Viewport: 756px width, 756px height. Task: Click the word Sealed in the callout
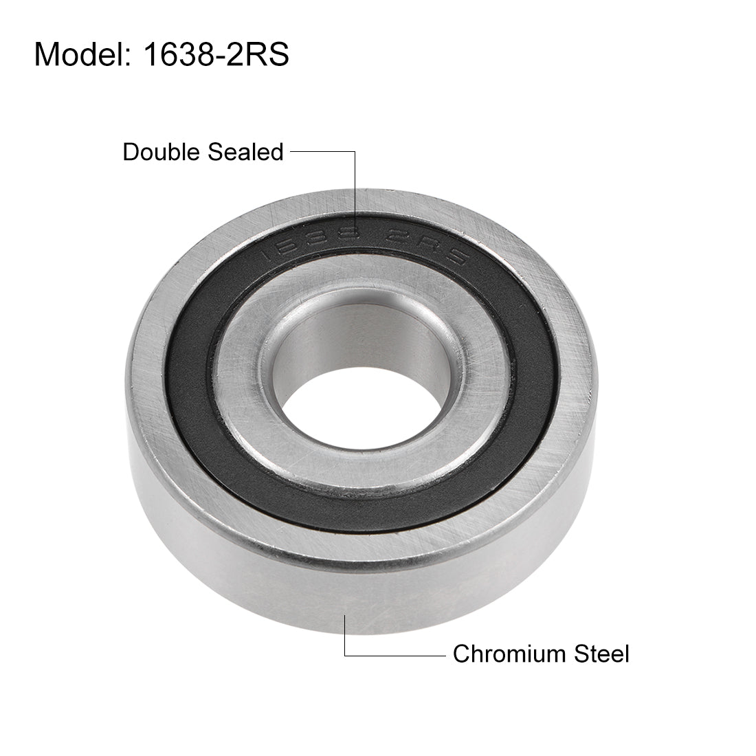coord(245,152)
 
